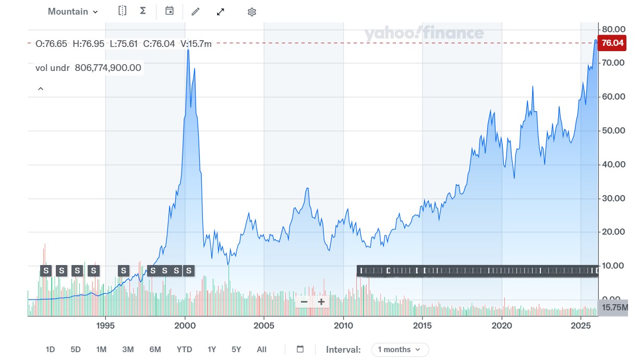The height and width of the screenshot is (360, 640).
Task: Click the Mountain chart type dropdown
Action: click(73, 11)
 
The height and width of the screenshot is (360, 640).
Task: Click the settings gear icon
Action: click(252, 11)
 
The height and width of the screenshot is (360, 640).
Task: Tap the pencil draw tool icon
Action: click(196, 11)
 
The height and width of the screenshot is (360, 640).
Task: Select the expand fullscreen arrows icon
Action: click(221, 11)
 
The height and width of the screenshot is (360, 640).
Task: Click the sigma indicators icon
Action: click(143, 11)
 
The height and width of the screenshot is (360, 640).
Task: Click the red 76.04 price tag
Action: click(612, 43)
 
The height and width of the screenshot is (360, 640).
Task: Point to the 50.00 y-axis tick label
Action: click(613, 130)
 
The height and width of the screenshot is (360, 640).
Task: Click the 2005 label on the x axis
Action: click(264, 326)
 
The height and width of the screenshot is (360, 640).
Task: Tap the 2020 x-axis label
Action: click(502, 326)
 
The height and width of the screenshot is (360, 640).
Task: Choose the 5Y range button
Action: click(236, 350)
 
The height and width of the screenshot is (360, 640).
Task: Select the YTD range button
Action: click(184, 350)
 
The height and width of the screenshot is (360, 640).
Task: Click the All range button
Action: click(262, 350)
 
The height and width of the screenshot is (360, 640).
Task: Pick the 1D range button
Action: click(51, 350)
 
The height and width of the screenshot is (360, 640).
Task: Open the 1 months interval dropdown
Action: click(400, 350)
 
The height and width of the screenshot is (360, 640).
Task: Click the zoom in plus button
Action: click(321, 302)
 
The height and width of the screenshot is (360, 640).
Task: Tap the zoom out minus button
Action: click(304, 302)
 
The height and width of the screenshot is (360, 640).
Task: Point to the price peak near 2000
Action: click(188, 50)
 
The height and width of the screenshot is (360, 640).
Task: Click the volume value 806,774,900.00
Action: click(108, 67)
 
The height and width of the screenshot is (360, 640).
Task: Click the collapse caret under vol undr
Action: click(41, 89)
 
